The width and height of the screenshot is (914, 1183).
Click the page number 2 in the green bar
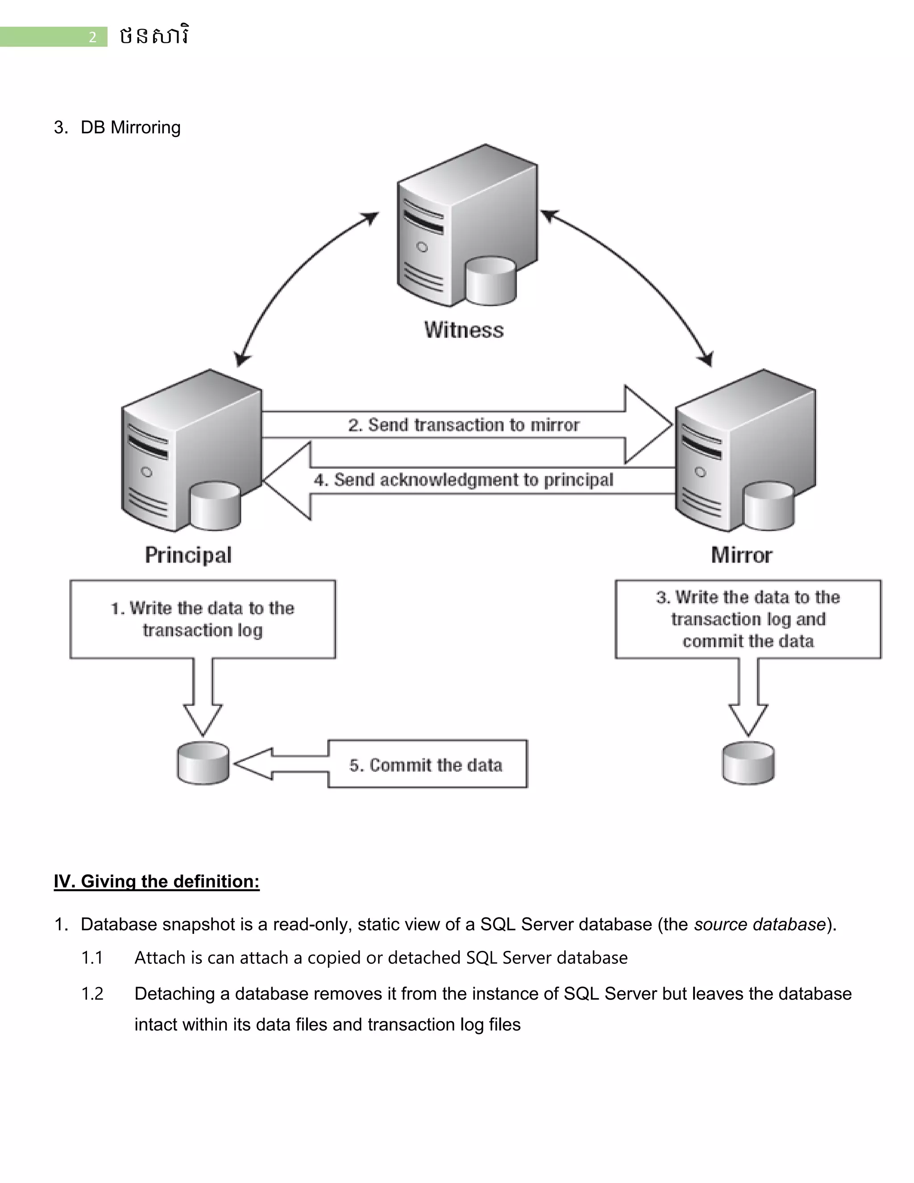point(92,37)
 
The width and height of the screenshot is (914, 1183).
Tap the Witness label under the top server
point(464,330)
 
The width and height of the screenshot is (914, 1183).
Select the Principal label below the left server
point(188,555)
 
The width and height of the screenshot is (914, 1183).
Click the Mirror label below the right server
point(741,555)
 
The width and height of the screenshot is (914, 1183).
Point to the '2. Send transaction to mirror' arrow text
point(464,425)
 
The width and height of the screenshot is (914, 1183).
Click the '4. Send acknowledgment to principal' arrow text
point(464,480)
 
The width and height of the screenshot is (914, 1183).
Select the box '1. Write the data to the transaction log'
point(203,619)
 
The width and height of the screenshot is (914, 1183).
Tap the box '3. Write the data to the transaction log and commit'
point(748,619)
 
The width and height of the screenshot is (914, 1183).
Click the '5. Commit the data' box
point(427,765)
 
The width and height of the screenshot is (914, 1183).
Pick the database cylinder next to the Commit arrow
point(203,763)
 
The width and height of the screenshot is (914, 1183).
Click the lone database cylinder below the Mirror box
point(748,763)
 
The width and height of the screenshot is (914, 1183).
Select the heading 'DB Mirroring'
point(130,127)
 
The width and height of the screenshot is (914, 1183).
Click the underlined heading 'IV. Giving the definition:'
point(157,881)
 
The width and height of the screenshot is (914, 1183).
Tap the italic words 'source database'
point(760,924)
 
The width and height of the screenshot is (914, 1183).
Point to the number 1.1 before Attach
point(92,958)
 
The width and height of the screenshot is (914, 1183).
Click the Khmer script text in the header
point(154,36)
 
